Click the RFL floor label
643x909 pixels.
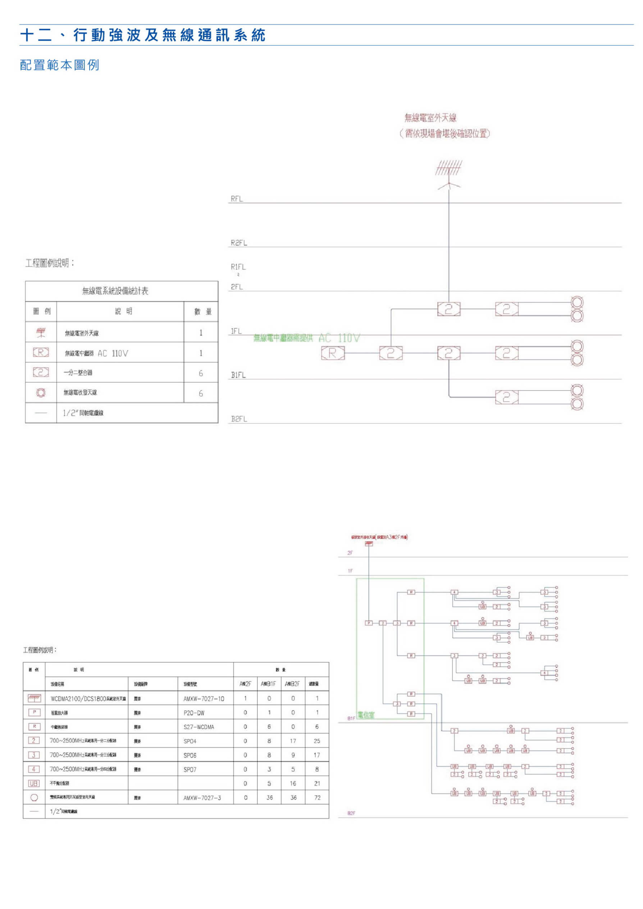point(236,199)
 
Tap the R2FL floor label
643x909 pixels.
point(239,243)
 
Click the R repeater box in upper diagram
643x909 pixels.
point(333,353)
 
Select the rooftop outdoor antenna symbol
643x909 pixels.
point(448,175)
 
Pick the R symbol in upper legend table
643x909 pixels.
point(41,352)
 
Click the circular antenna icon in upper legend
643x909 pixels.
point(41,393)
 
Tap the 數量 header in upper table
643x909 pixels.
point(203,311)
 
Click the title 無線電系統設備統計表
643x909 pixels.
point(115,291)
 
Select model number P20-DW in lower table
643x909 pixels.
point(194,713)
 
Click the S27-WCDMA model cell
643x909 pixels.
point(199,727)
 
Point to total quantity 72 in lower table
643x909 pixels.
point(317,798)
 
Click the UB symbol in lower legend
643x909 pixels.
point(34,783)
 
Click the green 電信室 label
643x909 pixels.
point(366,715)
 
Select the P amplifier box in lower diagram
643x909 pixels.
point(369,623)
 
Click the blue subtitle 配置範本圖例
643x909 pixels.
point(59,65)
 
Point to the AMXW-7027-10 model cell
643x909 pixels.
point(204,699)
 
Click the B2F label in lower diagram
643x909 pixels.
point(351,813)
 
